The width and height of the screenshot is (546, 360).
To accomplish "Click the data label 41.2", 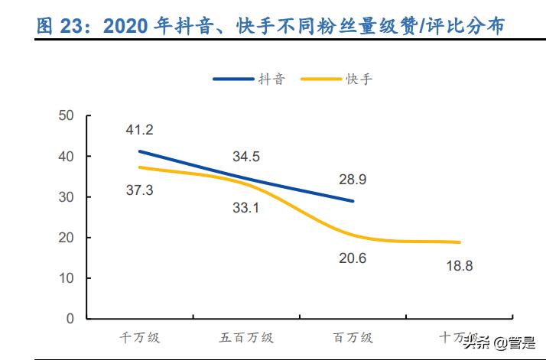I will (141, 130).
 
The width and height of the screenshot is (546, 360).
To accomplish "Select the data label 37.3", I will (139, 190).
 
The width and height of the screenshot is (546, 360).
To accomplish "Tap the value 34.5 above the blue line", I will (246, 157).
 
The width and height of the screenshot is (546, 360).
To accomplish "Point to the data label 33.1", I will (246, 206).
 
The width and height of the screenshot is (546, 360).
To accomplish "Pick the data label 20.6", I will (353, 258).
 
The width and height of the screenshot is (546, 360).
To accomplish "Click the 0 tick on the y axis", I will (69, 319).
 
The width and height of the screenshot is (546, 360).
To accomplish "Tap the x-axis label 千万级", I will (140, 337).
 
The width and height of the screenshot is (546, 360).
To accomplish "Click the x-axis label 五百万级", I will (246, 337).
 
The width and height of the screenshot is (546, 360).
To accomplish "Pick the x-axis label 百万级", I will (353, 337).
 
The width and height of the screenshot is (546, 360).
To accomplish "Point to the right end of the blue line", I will (353, 201).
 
